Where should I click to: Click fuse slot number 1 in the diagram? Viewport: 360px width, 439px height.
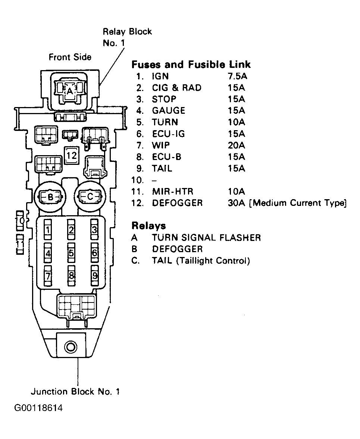(48, 230)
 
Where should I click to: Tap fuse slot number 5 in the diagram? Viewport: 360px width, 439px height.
(71, 253)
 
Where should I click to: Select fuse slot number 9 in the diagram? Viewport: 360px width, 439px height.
(95, 276)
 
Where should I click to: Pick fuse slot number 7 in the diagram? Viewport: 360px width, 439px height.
(48, 276)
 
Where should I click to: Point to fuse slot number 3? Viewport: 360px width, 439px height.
(95, 230)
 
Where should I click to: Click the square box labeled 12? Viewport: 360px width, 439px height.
(71, 156)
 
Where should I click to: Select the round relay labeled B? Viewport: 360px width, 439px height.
(50, 197)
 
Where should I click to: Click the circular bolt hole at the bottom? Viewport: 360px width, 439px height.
(71, 348)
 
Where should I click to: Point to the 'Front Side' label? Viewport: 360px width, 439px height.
(70, 57)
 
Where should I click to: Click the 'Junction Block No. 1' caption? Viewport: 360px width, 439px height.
(75, 391)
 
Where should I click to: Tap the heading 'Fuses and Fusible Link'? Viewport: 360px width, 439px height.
(191, 65)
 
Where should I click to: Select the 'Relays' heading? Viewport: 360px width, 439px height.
(148, 225)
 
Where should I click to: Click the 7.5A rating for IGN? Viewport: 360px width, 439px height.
(237, 76)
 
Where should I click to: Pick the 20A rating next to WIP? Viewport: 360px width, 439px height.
(237, 145)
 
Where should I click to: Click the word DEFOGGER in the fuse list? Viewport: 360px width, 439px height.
(177, 203)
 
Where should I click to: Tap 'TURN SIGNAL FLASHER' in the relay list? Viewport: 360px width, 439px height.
(206, 238)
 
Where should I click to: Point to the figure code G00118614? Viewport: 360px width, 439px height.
(38, 408)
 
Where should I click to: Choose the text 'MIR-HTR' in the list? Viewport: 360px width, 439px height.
(173, 191)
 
